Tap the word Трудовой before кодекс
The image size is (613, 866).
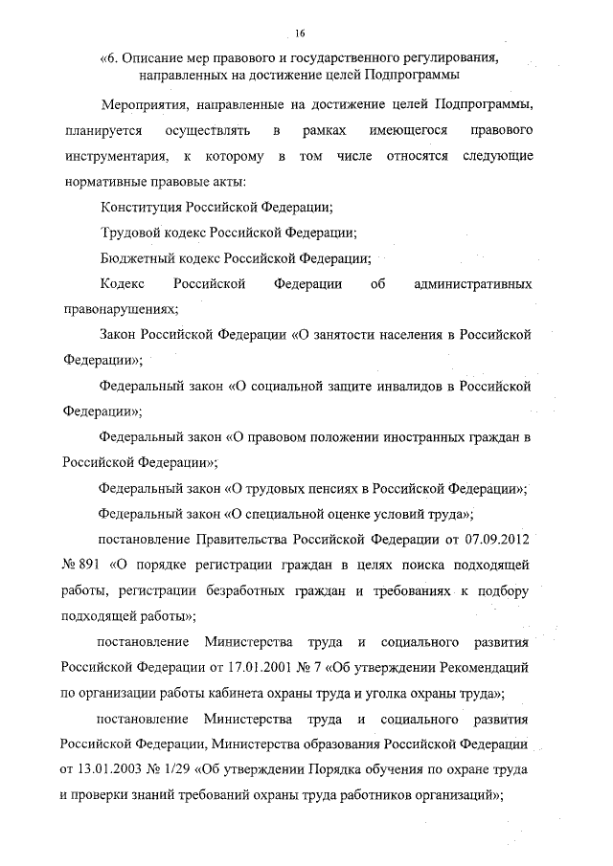[130, 232]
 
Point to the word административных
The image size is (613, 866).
[473, 284]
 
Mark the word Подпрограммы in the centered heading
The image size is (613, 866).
[413, 75]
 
